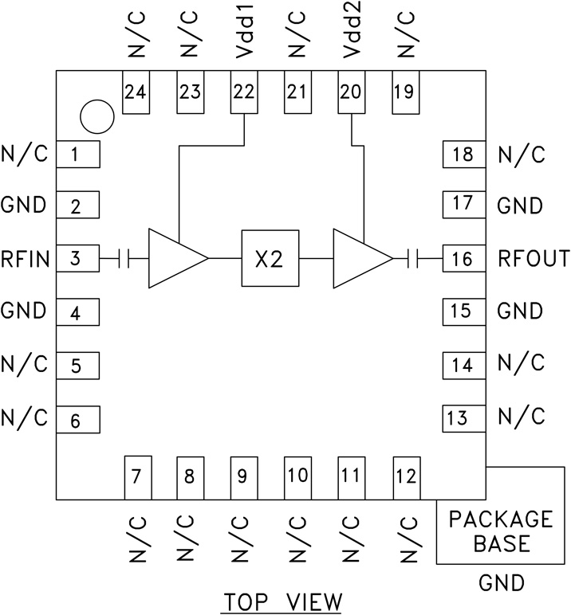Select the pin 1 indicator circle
[98, 117]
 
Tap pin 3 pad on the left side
[77, 259]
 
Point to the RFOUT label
[533, 259]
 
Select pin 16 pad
[463, 259]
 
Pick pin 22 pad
[243, 92]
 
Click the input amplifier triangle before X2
[175, 259]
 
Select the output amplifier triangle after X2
[360, 259]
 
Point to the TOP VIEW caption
[282, 600]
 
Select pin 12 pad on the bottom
[405, 477]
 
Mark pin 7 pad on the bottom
[136, 477]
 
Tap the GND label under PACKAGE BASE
[502, 583]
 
